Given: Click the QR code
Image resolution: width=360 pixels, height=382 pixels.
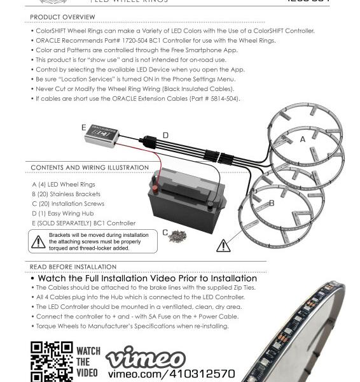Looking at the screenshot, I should coord(52,362).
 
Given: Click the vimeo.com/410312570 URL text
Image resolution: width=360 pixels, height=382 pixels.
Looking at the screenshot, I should coord(170,374).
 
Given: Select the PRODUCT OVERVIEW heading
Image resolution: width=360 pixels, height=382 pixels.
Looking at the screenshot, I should coord(62,17).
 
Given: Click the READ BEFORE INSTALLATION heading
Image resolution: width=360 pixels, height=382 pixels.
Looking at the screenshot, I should coord(73,267).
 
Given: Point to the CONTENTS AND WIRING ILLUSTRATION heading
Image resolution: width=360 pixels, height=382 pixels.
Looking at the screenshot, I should coord(89,168).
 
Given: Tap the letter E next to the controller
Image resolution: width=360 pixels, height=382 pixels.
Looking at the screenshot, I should coord(83,128).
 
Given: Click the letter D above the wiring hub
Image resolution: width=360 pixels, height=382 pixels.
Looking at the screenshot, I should coord(165,135).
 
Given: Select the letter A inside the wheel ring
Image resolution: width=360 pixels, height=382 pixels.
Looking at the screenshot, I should coord(303,138).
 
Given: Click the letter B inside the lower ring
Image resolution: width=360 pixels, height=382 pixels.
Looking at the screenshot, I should coord(272,203).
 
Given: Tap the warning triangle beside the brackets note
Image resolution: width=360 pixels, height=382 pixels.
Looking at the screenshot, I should coord(38,240).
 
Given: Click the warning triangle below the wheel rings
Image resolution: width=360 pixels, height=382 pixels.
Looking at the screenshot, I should coord(224,245).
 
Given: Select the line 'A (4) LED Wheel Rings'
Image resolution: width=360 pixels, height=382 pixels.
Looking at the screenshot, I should coord(63,184).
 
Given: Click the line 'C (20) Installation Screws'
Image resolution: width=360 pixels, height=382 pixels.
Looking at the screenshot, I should coord(67,204).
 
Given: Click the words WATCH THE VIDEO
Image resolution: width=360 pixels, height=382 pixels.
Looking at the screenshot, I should coord(88,362).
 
